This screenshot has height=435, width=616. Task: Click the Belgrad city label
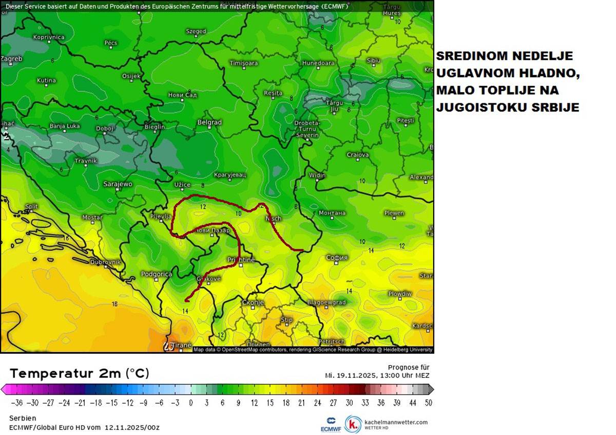tap(209, 122)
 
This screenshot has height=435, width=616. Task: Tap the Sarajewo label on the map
tap(118, 184)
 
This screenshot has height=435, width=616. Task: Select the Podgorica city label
tap(157, 274)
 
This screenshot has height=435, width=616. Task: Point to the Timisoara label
tap(243, 63)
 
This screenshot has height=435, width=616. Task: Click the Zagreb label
tap(11, 59)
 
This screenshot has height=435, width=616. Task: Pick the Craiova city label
tap(357, 155)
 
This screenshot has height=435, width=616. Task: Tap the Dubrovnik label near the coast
tap(105, 262)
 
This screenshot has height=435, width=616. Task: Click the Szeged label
tap(196, 31)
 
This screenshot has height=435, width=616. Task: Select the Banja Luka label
tap(64, 126)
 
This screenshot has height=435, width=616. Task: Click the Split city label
tap(31, 207)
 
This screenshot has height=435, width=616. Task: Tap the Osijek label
tap(131, 76)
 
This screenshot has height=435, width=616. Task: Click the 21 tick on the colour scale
tap(301, 403)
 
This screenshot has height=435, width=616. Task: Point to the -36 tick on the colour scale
tap(17, 403)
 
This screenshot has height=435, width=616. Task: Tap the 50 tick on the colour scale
tap(428, 403)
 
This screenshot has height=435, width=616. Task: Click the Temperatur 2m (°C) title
tap(80, 373)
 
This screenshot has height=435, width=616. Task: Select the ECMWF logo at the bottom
tap(328, 423)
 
